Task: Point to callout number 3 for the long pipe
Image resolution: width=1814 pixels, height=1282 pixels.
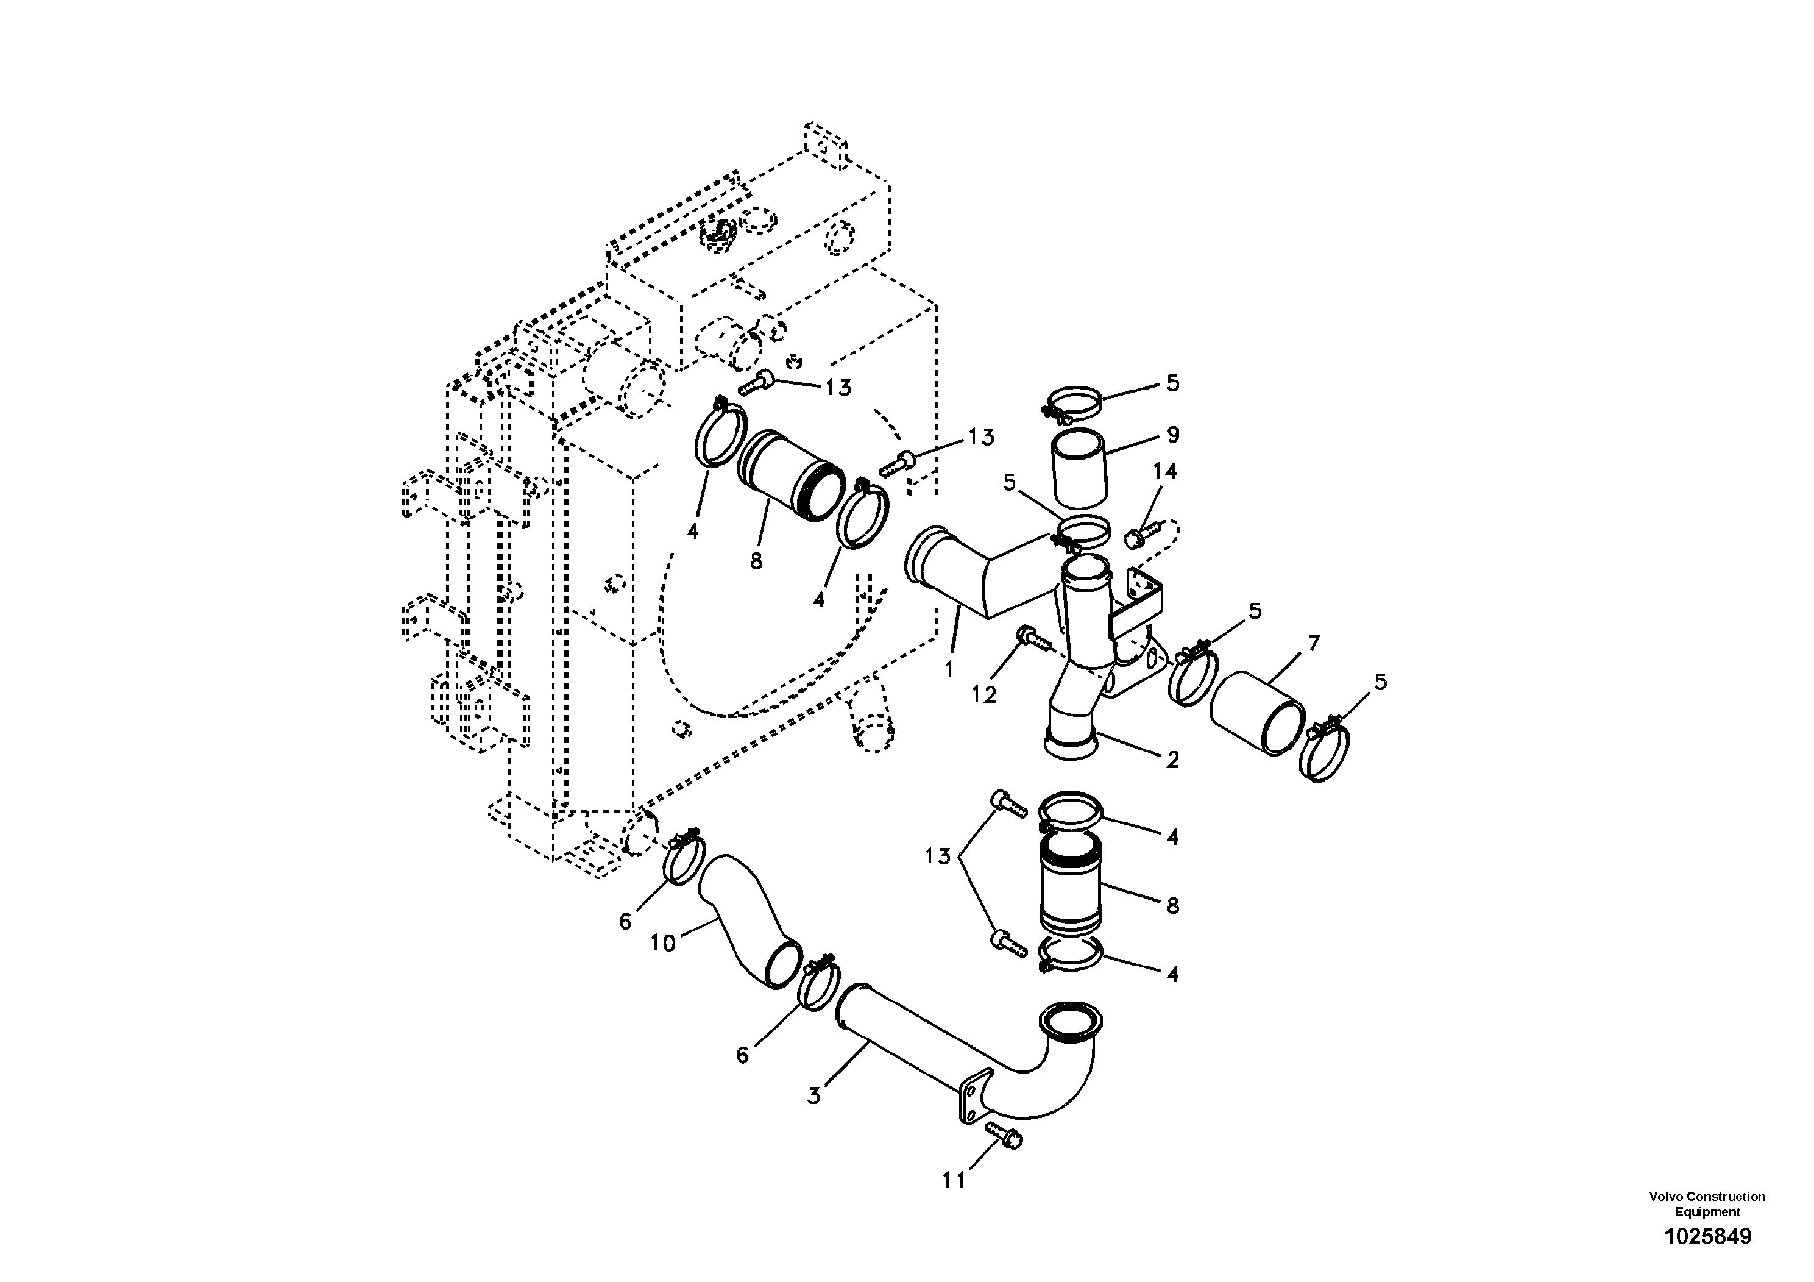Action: click(x=814, y=1096)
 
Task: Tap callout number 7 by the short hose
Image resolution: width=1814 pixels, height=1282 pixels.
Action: click(x=1313, y=643)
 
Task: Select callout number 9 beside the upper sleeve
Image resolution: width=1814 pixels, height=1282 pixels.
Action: click(x=1172, y=435)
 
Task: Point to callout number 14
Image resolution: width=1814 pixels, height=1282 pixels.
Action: click(x=1164, y=471)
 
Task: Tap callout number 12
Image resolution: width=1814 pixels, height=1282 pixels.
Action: click(x=983, y=694)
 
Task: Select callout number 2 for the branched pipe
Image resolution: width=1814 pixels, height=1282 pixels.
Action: click(x=1172, y=760)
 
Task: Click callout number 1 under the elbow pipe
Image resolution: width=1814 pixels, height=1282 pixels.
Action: click(x=949, y=669)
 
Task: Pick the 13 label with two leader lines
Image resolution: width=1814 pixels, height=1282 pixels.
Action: click(x=937, y=856)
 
